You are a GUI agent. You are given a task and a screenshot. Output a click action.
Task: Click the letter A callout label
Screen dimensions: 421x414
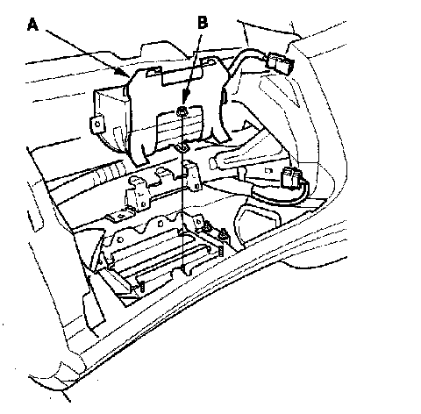point(32,25)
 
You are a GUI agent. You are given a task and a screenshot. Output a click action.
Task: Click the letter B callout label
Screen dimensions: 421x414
point(203,22)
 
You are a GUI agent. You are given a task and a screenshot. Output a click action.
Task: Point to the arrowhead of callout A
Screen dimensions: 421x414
point(125,72)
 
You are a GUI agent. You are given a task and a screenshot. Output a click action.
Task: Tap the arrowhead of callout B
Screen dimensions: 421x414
point(185,98)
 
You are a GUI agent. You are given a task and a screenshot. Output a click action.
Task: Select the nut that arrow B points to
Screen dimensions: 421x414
point(182,111)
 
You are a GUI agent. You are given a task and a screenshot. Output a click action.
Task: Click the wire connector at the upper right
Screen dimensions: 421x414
point(281,63)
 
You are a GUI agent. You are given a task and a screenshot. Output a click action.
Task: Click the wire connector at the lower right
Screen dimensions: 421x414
point(291,178)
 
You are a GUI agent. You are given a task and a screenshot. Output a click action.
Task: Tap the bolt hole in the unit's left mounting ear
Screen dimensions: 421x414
point(97,124)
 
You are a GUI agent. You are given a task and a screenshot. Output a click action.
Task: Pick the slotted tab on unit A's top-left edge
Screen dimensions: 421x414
point(153,71)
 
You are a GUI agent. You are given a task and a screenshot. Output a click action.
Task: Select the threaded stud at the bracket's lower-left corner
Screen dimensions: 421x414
point(142,287)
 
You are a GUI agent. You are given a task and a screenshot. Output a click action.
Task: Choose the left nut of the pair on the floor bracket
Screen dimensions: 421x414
point(208,225)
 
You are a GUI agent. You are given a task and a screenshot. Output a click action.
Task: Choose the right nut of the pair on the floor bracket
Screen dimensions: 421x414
point(224,234)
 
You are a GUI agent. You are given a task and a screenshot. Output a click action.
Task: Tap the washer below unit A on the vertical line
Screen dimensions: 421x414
point(182,148)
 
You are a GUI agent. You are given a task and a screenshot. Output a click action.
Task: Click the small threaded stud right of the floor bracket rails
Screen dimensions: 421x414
point(221,251)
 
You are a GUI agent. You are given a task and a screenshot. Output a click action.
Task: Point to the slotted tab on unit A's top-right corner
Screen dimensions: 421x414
point(210,61)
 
